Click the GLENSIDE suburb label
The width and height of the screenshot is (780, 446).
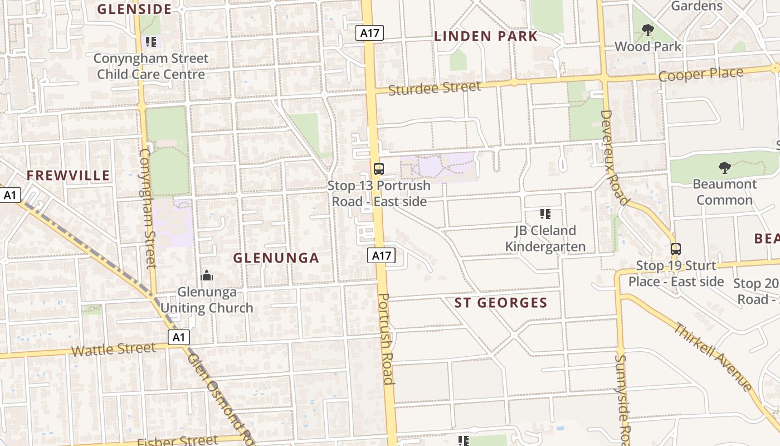coord(134,9)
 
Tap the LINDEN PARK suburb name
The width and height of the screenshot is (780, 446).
coord(486,37)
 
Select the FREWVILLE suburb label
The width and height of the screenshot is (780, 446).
coord(69,176)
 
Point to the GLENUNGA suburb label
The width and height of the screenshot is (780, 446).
coord(276,258)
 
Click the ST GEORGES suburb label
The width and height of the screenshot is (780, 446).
coord(501,303)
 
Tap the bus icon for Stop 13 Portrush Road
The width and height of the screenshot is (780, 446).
coord(379,168)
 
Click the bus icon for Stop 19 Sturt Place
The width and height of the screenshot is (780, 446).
coord(676,249)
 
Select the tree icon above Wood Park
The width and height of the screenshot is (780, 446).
coord(647,30)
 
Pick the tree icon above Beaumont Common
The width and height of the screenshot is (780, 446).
coord(725,167)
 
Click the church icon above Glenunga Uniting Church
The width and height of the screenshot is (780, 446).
coord(207,275)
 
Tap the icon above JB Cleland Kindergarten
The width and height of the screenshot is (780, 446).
coord(545,214)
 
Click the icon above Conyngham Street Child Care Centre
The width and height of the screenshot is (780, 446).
coord(150,42)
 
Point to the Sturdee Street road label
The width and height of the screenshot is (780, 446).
coord(434,88)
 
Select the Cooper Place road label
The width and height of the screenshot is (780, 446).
coord(701,74)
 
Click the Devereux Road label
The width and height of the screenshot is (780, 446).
coord(615,157)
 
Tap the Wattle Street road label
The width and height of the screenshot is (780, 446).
coord(114,350)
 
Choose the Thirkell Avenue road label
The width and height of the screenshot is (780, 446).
coord(713,357)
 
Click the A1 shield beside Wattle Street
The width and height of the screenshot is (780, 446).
coord(178,337)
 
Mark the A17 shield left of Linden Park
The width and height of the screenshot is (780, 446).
coord(369,33)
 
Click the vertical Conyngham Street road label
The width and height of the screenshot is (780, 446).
coord(147,207)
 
